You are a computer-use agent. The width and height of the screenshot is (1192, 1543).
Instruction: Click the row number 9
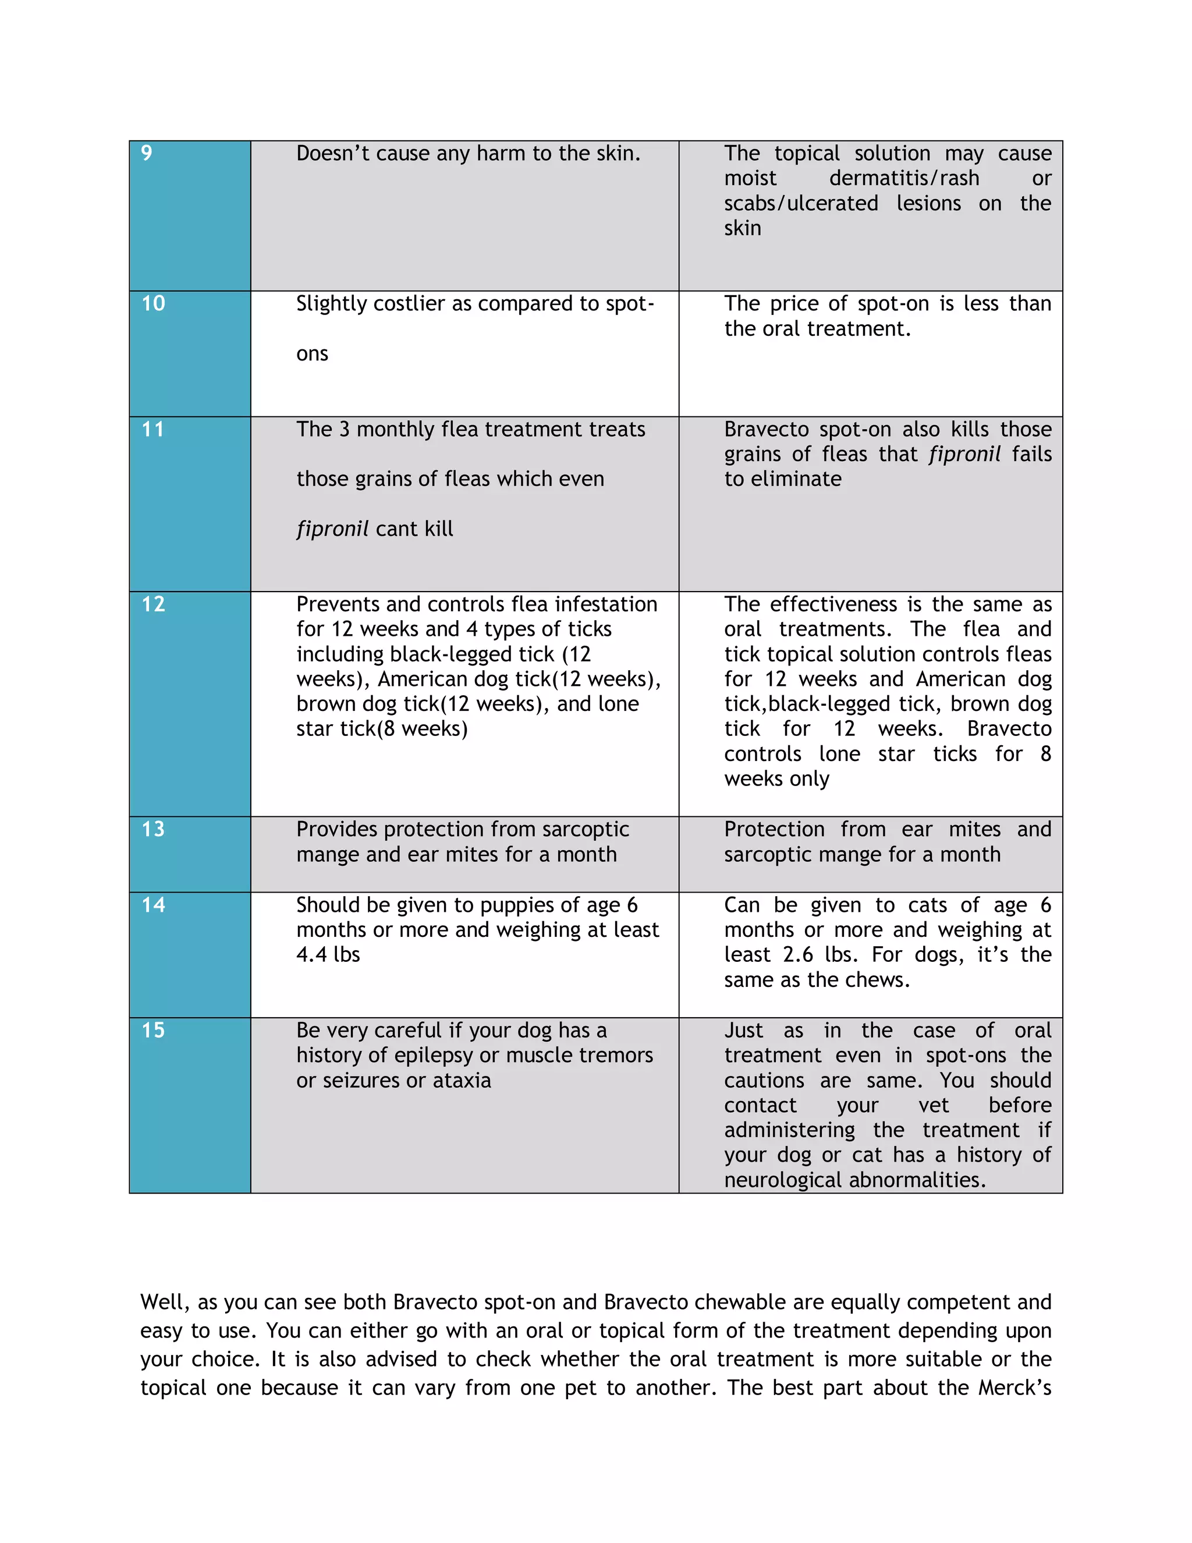pos(146,153)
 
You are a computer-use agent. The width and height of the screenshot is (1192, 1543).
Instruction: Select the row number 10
pos(153,303)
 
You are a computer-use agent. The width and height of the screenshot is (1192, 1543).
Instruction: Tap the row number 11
pos(153,429)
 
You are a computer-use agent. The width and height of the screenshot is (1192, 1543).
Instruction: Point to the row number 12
pos(153,604)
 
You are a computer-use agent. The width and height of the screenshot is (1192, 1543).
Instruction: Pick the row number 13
pos(153,829)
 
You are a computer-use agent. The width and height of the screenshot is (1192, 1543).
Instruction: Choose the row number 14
pos(153,904)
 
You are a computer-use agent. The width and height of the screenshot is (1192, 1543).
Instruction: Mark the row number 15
pos(153,1030)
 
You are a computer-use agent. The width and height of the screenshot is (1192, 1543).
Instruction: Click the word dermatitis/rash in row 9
pos(904,178)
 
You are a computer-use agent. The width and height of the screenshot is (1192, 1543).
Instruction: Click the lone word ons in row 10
pos(312,353)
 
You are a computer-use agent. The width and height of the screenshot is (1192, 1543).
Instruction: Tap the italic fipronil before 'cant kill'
pos(332,529)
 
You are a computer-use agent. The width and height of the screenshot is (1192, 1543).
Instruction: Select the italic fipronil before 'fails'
pos(964,454)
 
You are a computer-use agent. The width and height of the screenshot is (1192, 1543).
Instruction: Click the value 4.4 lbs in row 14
pos(328,954)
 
